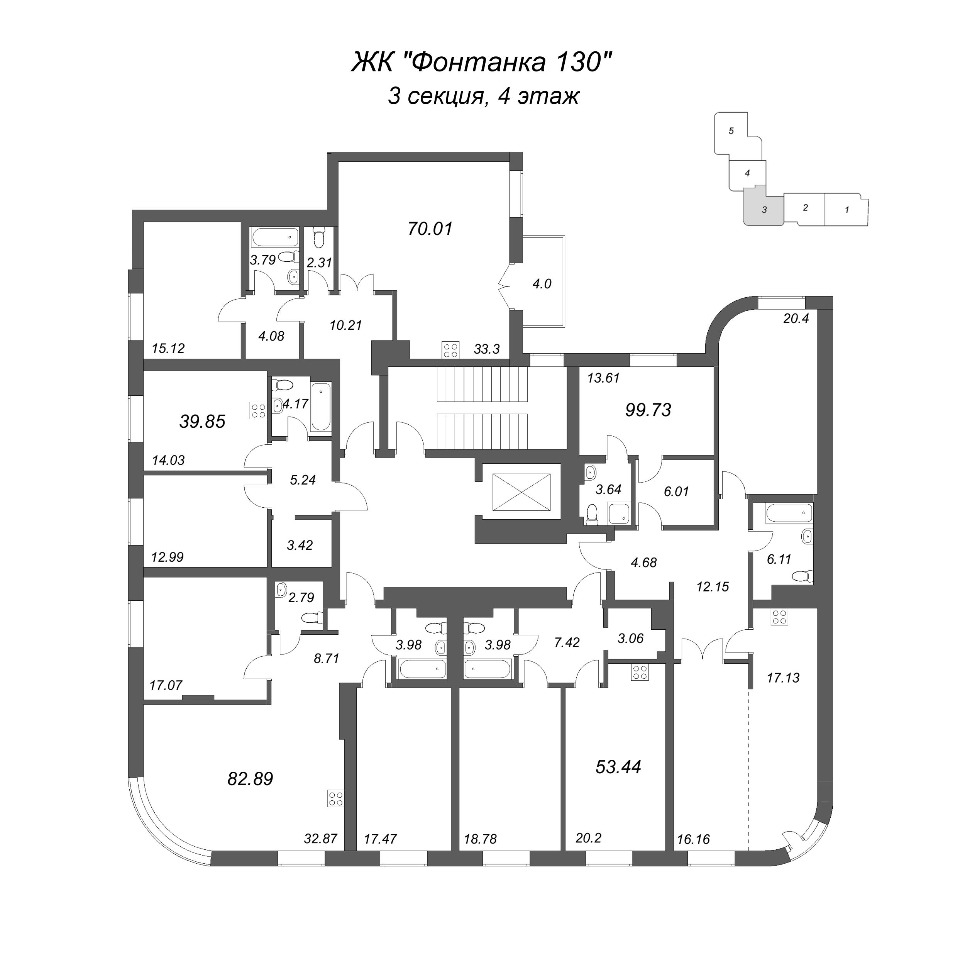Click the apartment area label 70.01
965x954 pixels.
[430, 229]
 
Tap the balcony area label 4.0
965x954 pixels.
[542, 284]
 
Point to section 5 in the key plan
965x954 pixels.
[731, 131]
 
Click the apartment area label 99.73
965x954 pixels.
[648, 410]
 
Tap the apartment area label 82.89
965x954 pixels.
[250, 779]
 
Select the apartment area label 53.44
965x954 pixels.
[618, 766]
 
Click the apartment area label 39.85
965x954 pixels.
[202, 422]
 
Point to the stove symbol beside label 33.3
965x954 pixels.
[450, 349]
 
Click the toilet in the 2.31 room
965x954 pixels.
[319, 238]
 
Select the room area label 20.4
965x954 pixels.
[796, 318]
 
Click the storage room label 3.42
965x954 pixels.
[300, 545]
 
